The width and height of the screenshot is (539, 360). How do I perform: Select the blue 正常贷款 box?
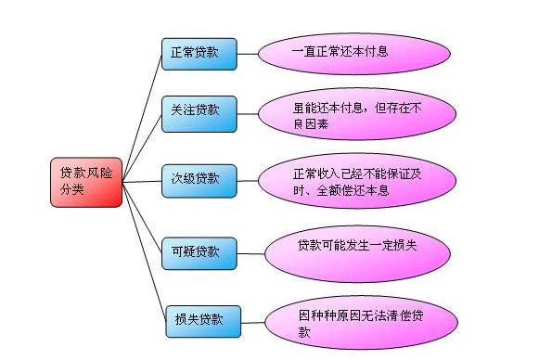198,52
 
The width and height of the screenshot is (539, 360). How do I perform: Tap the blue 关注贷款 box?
198,110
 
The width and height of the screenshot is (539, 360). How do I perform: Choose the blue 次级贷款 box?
198,178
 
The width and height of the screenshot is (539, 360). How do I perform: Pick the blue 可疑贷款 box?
198,251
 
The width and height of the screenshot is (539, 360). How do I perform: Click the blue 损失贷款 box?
201,320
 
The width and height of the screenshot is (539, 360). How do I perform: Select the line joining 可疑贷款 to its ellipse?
250,250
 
